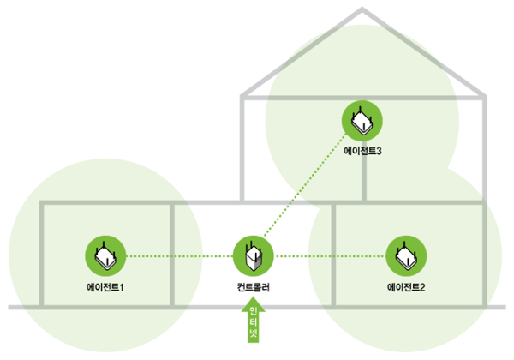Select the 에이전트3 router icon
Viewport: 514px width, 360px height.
pos(362,120)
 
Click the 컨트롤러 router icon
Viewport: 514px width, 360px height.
pos(254,255)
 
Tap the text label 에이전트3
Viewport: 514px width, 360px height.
pos(362,151)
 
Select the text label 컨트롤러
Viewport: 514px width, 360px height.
pos(254,285)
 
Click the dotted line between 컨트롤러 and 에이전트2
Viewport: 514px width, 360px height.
pos(330,255)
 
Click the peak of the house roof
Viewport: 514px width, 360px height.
pos(362,9)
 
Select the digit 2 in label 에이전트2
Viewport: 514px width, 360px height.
pos(423,285)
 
